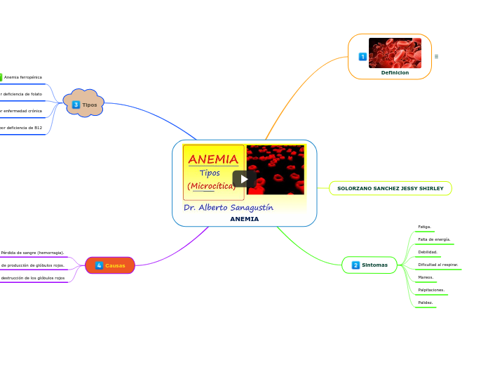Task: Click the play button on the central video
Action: point(244,178)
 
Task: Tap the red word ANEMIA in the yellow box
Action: point(213,159)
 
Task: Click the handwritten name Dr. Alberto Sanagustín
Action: point(229,207)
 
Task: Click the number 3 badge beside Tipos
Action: point(76,105)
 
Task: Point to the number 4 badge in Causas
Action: point(99,265)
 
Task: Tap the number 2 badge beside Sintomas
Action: point(355,265)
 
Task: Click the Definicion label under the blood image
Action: point(395,72)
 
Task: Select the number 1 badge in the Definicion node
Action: point(362,56)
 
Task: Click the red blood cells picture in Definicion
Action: point(395,53)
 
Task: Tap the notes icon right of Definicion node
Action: point(436,56)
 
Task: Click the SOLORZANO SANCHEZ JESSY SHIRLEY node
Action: point(391,188)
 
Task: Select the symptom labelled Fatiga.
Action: point(424,227)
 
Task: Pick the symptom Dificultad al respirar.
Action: point(438,265)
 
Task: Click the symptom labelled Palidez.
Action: point(425,303)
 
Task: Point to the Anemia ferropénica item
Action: point(23,77)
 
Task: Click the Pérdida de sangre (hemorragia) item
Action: point(32,253)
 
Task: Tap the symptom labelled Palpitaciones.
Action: point(431,290)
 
